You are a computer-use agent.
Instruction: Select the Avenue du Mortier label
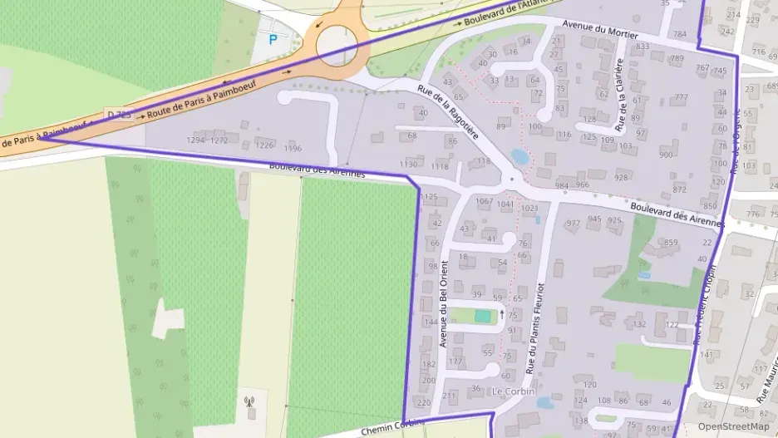pos(600,30)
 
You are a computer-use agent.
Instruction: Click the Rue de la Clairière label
pos(619,96)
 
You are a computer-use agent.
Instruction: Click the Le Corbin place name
pos(513,391)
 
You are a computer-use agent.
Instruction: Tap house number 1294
pos(195,140)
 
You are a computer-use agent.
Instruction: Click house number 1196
pos(293,149)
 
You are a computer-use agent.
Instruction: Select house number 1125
pos(429,197)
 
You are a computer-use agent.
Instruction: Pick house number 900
pos(666,155)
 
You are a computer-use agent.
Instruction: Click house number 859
pos(672,243)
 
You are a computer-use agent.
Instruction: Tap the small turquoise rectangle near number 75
pos(483,316)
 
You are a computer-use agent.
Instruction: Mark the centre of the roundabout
pos(337,41)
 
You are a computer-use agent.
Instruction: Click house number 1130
pos(408,165)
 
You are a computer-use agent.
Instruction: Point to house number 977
pos(573,223)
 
